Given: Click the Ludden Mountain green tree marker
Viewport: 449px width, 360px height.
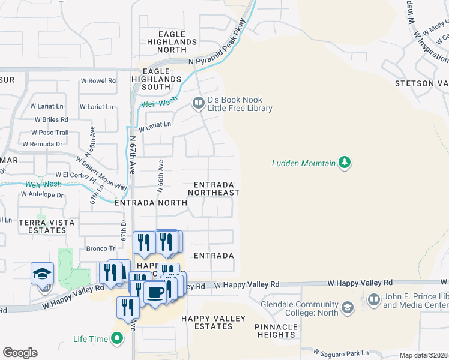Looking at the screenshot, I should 345,163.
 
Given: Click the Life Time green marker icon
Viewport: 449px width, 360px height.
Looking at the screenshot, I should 117,339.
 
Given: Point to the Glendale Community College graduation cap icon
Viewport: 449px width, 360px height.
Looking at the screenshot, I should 347,308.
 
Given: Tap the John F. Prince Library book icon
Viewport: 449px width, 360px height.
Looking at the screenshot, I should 373,299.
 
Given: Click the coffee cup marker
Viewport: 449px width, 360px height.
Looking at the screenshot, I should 155,292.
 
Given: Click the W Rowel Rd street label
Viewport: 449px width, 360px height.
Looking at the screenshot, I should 98,80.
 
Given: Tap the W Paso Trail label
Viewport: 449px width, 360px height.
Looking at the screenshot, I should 50,133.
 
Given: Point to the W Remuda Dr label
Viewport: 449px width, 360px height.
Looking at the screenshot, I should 42,144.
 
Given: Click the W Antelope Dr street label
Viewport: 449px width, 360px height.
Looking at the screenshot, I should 42,194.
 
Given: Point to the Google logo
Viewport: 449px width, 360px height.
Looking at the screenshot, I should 20,353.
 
